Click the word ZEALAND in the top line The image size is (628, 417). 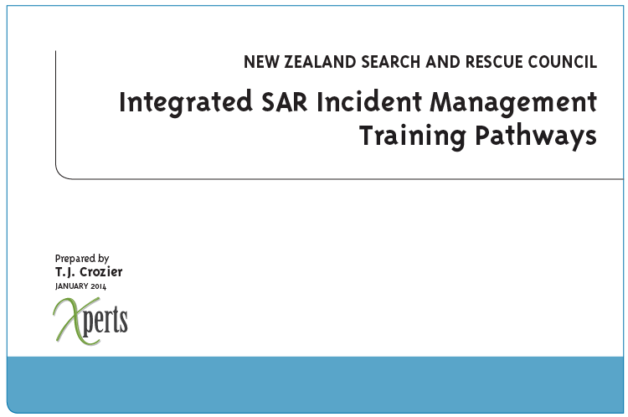coord(320,62)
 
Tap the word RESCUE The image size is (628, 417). coord(494,62)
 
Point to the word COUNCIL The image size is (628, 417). coord(563,62)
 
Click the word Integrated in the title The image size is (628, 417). coord(186,103)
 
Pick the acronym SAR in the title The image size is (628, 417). coord(285,102)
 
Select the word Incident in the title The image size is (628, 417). coord(369,102)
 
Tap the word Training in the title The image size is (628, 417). coord(413,137)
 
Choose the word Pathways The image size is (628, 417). coord(536,137)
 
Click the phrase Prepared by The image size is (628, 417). coord(82,259)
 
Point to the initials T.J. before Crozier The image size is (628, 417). coord(65,272)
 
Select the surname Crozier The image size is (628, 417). coord(101,272)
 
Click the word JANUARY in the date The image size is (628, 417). coord(72,286)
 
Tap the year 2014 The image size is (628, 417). coord(98,286)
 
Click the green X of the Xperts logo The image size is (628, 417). coord(75,322)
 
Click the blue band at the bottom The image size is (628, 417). coord(315,384)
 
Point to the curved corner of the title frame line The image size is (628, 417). coord(61,173)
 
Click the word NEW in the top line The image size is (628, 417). coord(261,62)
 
